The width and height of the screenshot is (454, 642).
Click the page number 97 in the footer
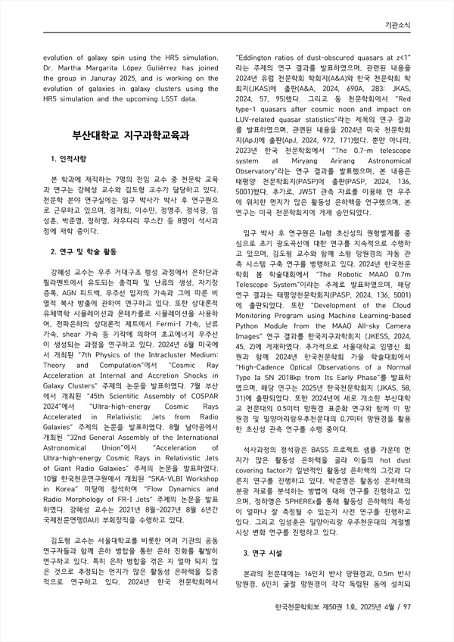(x=406, y=585)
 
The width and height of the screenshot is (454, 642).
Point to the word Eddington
(x=260, y=56)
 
